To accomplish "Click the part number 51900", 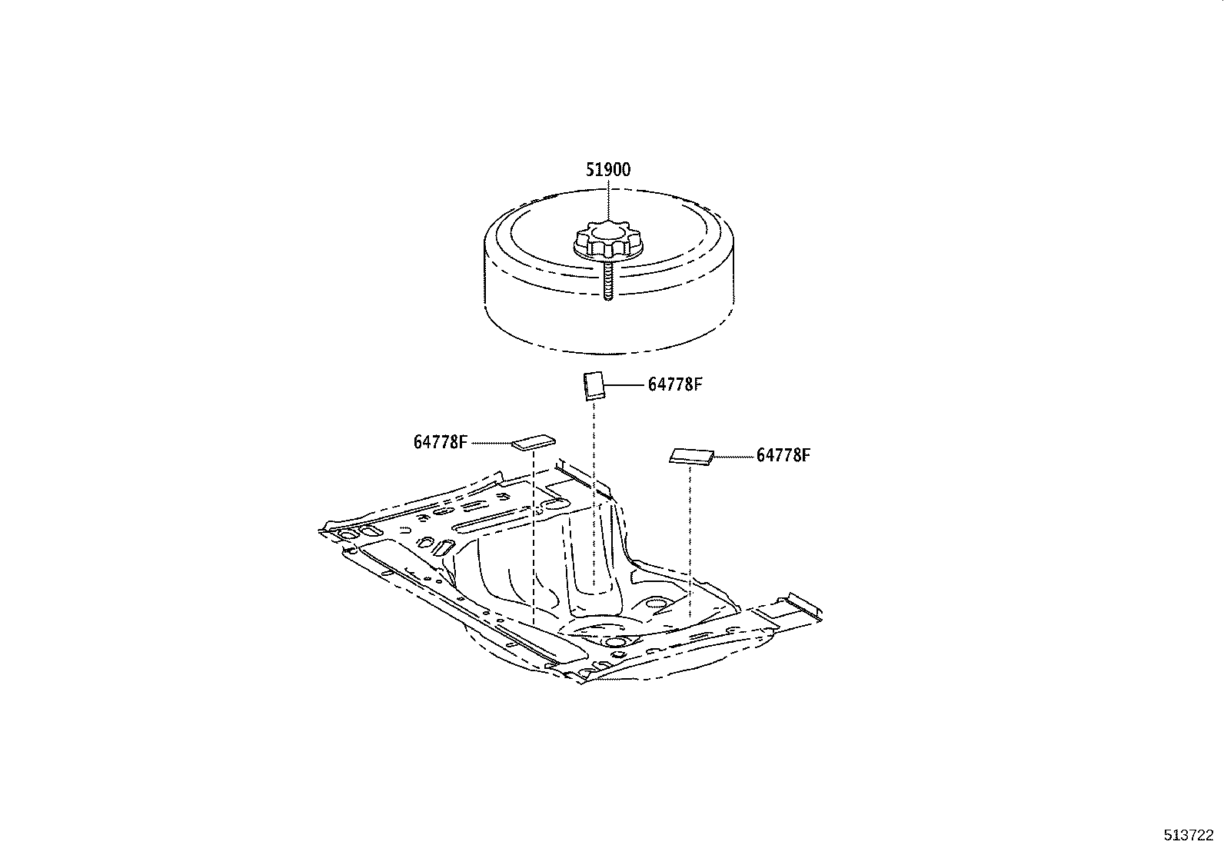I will point(607,170).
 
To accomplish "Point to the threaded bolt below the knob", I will point(607,282).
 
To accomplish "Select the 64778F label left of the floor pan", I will point(441,442).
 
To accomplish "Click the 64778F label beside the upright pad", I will point(675,384).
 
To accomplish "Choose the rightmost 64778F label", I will point(783,455).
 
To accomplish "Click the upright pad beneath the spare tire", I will point(592,385).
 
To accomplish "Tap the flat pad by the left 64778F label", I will point(534,441).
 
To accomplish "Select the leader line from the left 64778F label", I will point(491,442).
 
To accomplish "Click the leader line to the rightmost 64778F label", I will point(733,456).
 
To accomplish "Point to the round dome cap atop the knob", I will point(607,229).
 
